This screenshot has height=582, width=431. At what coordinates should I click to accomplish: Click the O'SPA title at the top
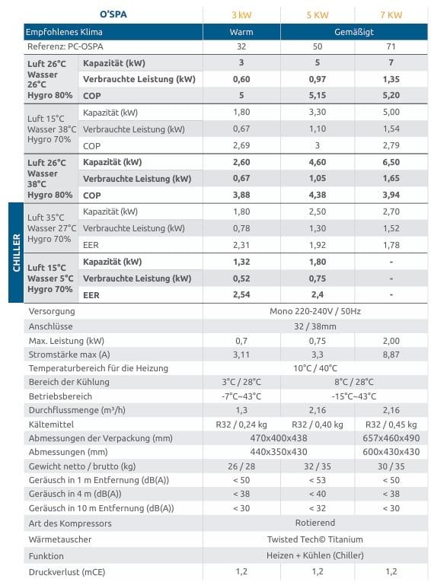click(113, 14)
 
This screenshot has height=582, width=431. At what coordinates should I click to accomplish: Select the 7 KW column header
click(391, 15)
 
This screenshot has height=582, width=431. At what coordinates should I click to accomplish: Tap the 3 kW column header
click(241, 15)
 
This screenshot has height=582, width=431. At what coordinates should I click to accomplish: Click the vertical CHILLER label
click(16, 253)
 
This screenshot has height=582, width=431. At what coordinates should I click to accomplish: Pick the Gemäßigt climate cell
click(354, 32)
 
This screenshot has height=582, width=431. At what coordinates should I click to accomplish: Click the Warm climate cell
click(241, 32)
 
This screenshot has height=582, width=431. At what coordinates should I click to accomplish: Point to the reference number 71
click(391, 46)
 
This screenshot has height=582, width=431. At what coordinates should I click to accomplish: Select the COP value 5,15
click(318, 95)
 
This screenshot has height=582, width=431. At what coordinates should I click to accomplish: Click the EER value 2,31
click(241, 245)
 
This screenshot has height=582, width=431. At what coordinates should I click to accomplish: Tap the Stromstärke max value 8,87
click(391, 355)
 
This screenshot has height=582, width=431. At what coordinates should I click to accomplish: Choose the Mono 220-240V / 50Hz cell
click(315, 311)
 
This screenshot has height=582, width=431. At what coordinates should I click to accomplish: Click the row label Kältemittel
click(51, 425)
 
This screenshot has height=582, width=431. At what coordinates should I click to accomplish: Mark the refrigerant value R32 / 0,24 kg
click(241, 425)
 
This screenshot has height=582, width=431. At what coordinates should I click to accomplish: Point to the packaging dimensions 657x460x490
click(391, 438)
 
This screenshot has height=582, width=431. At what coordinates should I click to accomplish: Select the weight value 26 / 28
click(241, 466)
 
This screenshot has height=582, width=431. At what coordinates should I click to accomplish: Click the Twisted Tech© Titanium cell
click(315, 539)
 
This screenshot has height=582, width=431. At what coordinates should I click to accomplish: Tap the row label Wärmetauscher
click(60, 539)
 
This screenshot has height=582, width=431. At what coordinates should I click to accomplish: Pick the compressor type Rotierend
click(315, 523)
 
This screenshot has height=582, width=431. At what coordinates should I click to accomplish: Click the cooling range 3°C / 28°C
click(241, 382)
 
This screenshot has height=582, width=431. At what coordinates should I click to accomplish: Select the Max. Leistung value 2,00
click(391, 341)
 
